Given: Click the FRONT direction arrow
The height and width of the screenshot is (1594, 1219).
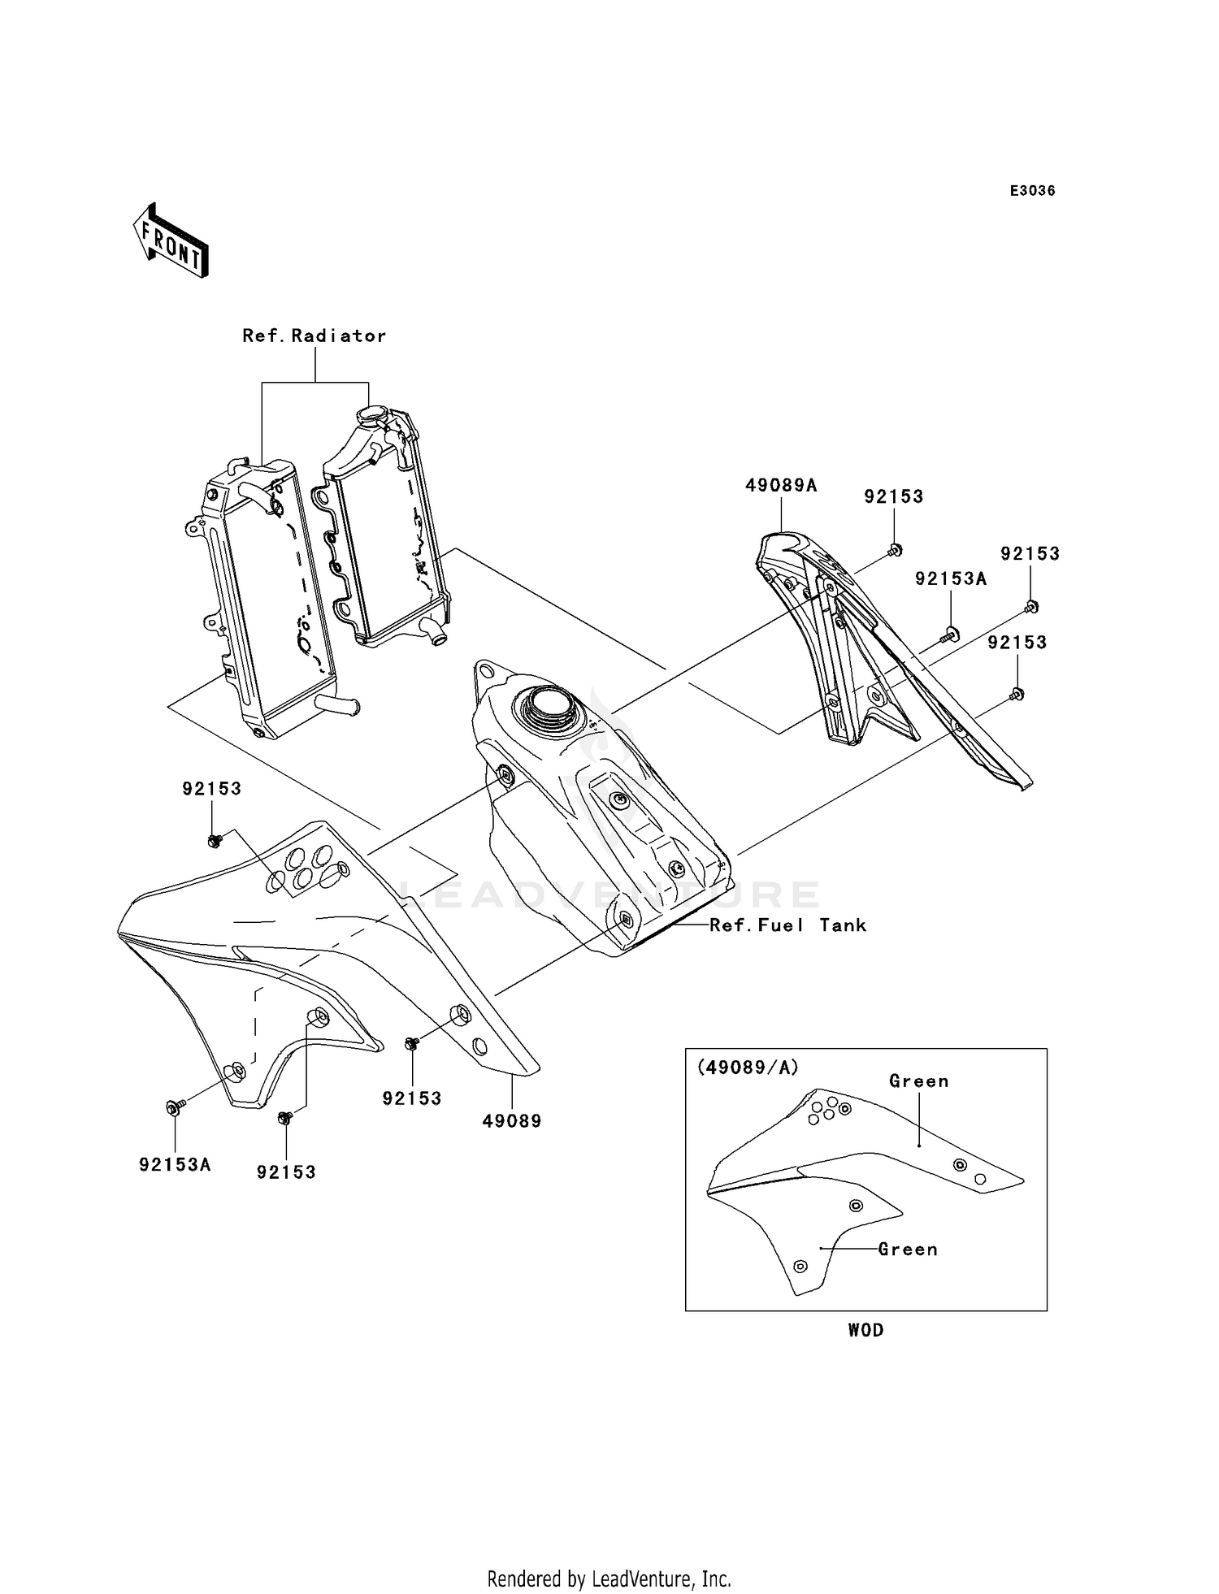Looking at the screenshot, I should pyautogui.click(x=171, y=241).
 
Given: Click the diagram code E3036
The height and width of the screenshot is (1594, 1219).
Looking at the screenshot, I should pyautogui.click(x=1032, y=191).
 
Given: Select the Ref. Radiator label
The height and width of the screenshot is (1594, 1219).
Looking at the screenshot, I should pyautogui.click(x=314, y=336).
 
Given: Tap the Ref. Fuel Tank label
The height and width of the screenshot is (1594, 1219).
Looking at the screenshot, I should pyautogui.click(x=787, y=925).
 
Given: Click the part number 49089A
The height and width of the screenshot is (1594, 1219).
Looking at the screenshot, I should pyautogui.click(x=781, y=486).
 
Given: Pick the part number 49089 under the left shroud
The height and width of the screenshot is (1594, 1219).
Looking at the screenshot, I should pyautogui.click(x=511, y=1120).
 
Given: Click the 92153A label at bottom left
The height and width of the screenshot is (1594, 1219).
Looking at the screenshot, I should pyautogui.click(x=175, y=1164).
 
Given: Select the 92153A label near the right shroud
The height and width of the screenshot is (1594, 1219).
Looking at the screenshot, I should pyautogui.click(x=951, y=578).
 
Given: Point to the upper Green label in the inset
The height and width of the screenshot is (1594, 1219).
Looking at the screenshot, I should pyautogui.click(x=918, y=1081).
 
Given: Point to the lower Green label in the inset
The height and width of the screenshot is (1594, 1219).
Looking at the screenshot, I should pyautogui.click(x=908, y=1249).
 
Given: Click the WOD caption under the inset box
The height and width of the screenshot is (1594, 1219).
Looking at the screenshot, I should pyautogui.click(x=865, y=1330).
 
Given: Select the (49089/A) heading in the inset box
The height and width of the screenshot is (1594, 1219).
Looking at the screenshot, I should pyautogui.click(x=747, y=1068).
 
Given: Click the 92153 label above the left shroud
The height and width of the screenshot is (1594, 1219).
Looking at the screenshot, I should pyautogui.click(x=211, y=789).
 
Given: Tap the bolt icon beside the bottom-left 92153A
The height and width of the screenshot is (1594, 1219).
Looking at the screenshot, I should pyautogui.click(x=174, y=1107).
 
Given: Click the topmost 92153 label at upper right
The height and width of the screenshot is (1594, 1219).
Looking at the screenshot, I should pyautogui.click(x=893, y=496).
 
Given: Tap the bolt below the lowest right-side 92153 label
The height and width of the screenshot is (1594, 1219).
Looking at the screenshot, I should pyautogui.click(x=1016, y=693).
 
